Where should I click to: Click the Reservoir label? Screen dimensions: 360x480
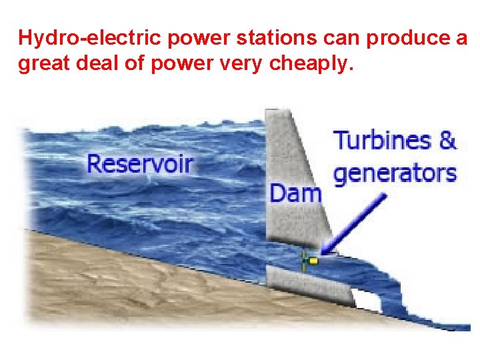pos(140,163)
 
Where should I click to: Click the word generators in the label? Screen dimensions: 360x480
pos(395,173)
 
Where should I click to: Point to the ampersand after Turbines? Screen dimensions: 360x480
pos(447,141)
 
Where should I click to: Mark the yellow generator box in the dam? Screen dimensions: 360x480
pos(313,261)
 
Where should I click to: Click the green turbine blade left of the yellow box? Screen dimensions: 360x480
pos(305,261)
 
